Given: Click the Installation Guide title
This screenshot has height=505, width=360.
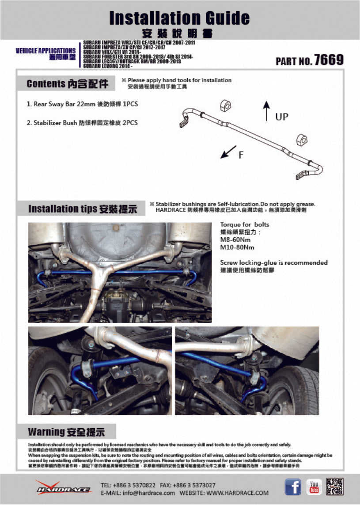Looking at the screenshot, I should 179,18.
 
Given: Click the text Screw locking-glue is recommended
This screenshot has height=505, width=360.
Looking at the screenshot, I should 274,262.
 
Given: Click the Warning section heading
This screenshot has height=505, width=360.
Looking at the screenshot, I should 66,431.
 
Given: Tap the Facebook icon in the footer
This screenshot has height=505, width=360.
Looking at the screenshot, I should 292,487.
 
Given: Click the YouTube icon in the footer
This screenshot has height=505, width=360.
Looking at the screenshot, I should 314,487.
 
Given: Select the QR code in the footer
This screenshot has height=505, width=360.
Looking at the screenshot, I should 335,486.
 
